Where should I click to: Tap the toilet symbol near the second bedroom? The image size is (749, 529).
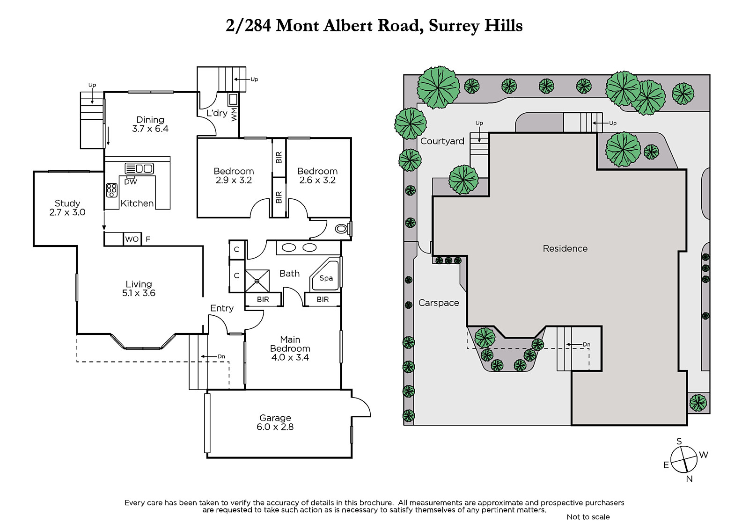[x=342, y=229]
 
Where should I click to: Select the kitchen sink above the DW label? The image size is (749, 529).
[x=139, y=168]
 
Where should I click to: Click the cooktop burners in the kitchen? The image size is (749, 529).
[x=112, y=190]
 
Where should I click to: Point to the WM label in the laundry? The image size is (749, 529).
[x=234, y=114]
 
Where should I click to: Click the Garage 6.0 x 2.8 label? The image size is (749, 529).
[x=275, y=422]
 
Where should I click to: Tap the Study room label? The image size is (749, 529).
[x=67, y=203]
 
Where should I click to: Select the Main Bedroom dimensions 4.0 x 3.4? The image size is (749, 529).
[x=290, y=357]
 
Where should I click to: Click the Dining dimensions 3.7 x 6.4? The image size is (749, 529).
[x=150, y=129]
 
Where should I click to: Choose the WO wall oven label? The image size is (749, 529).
[x=132, y=239]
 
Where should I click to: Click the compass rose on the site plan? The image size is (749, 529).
[x=684, y=460]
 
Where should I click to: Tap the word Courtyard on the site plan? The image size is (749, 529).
[x=442, y=141]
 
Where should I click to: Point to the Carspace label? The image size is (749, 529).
[x=439, y=303]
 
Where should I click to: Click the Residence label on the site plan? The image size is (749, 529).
[x=565, y=249]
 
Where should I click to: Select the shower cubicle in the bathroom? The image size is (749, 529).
[x=257, y=281]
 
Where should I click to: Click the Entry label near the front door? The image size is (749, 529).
[x=222, y=308]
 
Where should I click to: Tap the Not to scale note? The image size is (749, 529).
[x=588, y=517]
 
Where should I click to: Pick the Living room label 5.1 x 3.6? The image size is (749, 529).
[x=139, y=289]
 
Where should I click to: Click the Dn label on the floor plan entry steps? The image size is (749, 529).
[x=221, y=356]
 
